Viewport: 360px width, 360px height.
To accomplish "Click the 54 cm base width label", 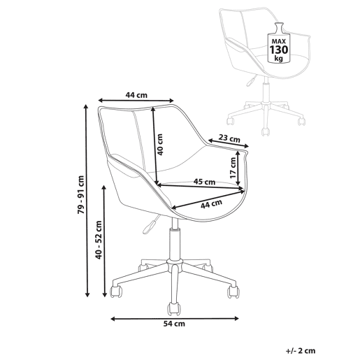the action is click(174, 324).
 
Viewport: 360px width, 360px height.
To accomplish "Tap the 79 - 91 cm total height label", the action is click(81, 195).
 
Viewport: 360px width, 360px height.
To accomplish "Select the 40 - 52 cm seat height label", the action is click(99, 240).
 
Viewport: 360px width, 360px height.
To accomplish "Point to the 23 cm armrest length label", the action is click(229, 138).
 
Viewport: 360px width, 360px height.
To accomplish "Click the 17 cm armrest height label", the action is click(233, 168).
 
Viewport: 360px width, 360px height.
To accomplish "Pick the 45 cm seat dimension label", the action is click(204, 182).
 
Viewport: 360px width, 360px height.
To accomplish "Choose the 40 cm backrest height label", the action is click(160, 145).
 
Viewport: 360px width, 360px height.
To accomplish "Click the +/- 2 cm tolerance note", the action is click(301, 350).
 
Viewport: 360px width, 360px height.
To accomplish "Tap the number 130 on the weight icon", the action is click(279, 50).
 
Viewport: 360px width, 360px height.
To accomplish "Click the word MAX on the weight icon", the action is click(279, 41).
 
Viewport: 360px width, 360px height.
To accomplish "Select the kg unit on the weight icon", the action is click(278, 58).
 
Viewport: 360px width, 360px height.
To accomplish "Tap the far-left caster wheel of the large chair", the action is click(116, 291).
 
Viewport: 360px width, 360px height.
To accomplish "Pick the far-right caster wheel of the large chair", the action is click(233, 292).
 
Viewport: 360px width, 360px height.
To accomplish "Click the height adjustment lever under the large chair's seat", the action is click(150, 225).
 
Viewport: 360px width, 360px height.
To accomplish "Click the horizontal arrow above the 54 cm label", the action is click(175, 319).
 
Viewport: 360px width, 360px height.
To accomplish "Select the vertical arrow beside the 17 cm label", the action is click(238, 168).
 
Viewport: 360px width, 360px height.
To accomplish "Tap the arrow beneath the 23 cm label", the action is click(229, 143).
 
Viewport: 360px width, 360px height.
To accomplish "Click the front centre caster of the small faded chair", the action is click(265, 132).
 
